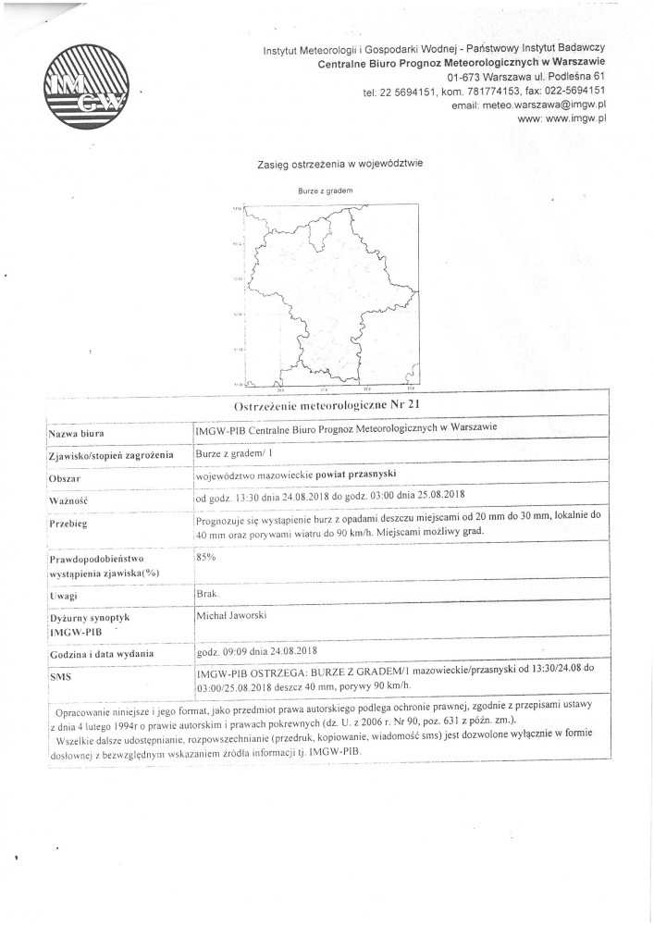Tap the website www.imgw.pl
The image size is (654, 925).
pos(561,119)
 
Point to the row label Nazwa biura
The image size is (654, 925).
pos(76,433)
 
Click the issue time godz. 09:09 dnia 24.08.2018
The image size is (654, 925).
pos(258,652)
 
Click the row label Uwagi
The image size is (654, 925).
pos(62,598)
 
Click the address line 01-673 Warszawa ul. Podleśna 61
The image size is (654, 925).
pos(525,76)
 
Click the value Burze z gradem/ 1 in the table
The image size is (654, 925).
pos(232,453)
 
